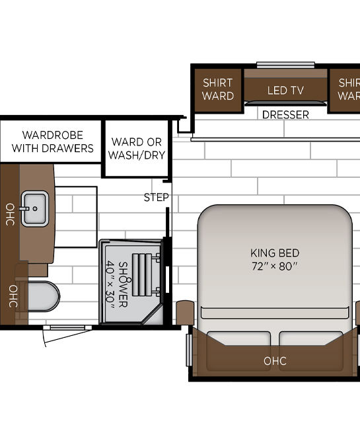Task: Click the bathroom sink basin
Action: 35,208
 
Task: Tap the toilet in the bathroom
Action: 42,296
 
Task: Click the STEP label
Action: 156,197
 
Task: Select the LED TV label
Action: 285,91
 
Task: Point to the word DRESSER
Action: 285,114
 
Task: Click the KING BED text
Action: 275,253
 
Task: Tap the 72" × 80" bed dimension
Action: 275,266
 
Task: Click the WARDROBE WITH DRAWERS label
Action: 53,141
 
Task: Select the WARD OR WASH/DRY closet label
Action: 137,148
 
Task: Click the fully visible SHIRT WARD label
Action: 218,89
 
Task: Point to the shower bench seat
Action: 143,274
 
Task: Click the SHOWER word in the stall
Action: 123,284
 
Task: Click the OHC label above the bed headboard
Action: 275,361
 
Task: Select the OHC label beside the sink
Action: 10,214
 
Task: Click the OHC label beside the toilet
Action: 13,296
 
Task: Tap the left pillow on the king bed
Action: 239,338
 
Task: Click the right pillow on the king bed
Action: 311,338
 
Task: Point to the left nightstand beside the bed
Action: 185,313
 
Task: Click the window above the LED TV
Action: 285,65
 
